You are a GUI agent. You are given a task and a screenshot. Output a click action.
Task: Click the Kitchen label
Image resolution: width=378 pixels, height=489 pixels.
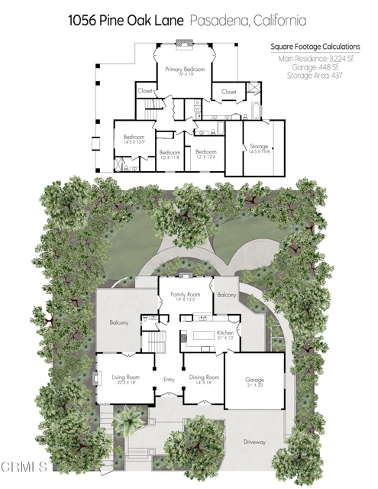(225, 334)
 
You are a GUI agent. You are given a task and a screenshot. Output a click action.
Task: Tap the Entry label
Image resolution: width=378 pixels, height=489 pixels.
(170, 380)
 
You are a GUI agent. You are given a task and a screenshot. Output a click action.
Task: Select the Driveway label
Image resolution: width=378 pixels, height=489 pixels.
(254, 442)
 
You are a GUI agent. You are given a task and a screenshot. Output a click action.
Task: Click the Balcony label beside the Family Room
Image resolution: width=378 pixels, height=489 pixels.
(226, 295)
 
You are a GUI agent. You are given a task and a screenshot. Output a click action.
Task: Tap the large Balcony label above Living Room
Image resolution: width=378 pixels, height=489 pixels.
(118, 323)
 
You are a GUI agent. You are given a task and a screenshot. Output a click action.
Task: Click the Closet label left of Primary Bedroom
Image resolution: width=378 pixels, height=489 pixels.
(145, 91)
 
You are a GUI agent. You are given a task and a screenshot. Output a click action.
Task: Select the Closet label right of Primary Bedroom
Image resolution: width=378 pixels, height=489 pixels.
(229, 92)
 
